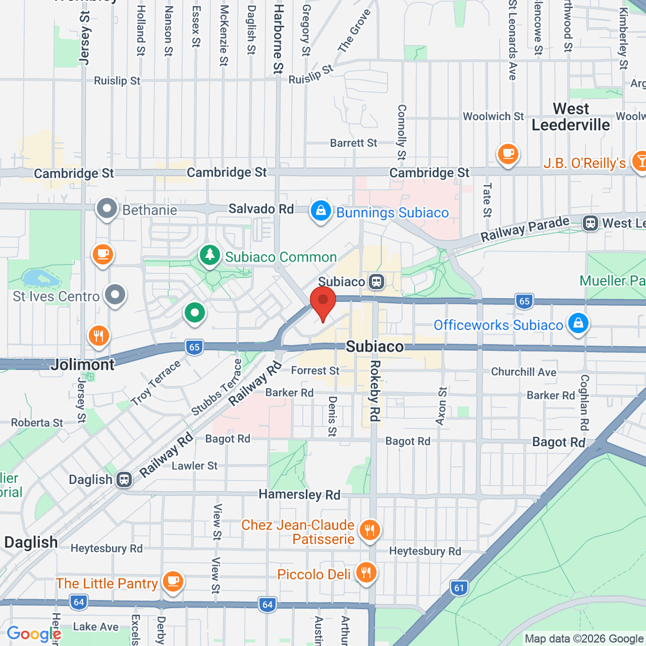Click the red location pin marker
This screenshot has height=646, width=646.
pos(323,301)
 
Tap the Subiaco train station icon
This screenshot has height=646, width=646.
pos(376,282)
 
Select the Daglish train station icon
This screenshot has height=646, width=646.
pos(124,479)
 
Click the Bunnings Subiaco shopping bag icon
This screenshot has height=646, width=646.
pos(321,211)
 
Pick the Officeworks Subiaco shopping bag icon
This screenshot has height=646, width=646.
pos(578,324)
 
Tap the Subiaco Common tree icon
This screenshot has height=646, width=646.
pos(210,255)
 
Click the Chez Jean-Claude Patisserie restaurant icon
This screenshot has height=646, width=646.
pos(369,530)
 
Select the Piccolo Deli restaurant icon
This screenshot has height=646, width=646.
pos(366,573)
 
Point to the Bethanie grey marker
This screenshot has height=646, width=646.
pos(107,208)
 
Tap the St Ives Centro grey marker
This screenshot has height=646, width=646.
pos(115,295)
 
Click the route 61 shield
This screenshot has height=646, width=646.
pos(459,588)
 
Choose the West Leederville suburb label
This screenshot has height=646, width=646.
pos(571,117)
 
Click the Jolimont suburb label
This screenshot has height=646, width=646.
pos(83,364)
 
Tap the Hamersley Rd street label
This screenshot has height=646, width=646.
pos(299,494)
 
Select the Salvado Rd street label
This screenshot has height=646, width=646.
pos(261,208)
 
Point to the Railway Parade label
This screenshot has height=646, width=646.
pos(525,229)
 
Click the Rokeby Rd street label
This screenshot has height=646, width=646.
pos(375,390)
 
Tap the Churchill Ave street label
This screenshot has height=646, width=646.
pos(523,372)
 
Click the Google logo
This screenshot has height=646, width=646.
pos(33,634)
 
